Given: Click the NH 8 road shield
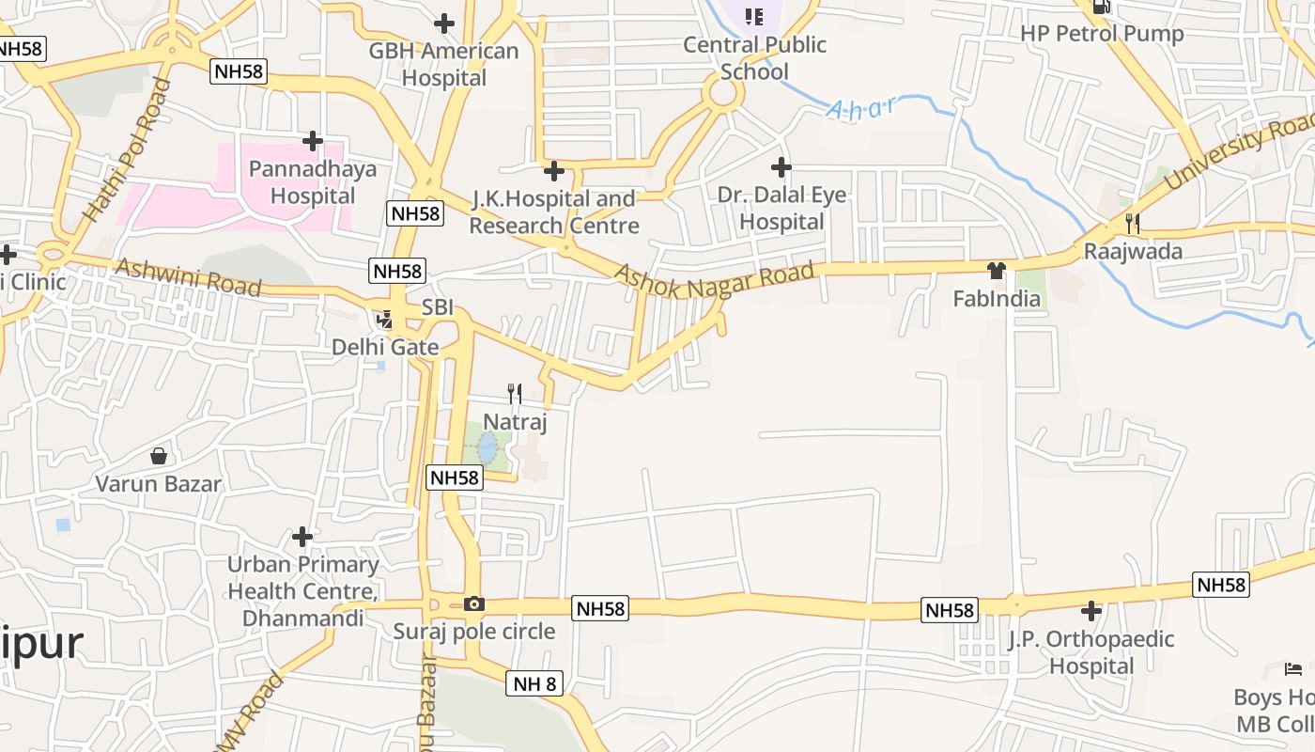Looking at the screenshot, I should (535, 683).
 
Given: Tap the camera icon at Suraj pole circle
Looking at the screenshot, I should (474, 604).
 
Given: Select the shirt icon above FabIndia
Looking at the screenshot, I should (997, 271).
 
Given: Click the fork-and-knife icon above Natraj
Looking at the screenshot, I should (515, 393).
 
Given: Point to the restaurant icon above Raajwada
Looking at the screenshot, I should (1133, 224).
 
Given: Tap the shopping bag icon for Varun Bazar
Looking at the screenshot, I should (159, 456).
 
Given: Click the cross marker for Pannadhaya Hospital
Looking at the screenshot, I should (313, 141).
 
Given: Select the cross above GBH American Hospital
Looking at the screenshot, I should (444, 23).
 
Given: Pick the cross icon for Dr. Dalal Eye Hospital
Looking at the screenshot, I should (781, 167).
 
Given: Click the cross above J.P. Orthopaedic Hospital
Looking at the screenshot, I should (1091, 611).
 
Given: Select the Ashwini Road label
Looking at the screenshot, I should (188, 278).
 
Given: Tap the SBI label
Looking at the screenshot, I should (438, 307).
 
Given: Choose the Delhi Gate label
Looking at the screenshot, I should (385, 347).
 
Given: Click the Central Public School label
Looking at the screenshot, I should (755, 57).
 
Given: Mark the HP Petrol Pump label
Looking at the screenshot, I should (1102, 34).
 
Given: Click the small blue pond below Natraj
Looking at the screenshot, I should (487, 447).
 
